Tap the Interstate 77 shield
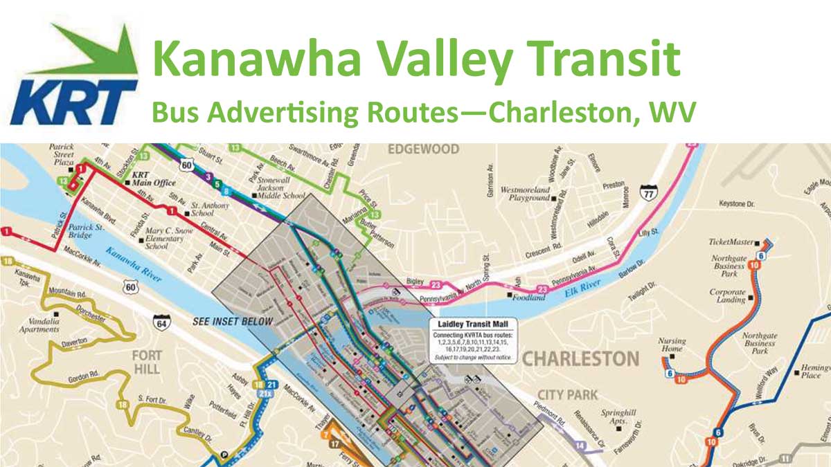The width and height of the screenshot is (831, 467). [x=648, y=192]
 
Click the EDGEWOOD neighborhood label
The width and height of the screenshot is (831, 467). [x=424, y=149]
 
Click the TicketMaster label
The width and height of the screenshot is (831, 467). [x=730, y=243]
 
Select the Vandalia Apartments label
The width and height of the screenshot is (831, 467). [x=39, y=325]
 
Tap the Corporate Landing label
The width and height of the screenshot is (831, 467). [x=727, y=296]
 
